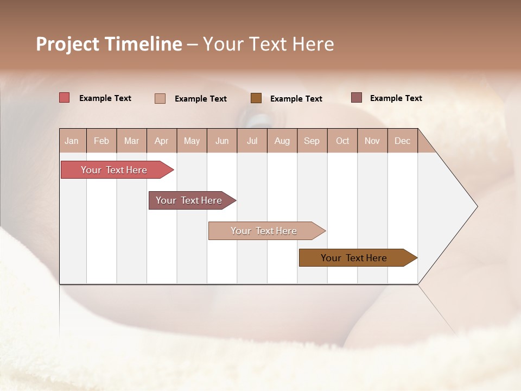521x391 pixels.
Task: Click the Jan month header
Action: (x=72, y=141)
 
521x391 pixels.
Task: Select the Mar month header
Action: (x=131, y=141)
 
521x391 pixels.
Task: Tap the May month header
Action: (x=192, y=141)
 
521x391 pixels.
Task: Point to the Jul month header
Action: (x=252, y=141)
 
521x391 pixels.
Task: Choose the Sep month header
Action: (x=312, y=141)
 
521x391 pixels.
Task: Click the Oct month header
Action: (x=342, y=141)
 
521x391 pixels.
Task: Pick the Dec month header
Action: (x=402, y=141)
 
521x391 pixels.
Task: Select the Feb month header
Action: (x=101, y=141)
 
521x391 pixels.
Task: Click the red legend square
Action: (x=64, y=98)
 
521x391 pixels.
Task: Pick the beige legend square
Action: (x=160, y=98)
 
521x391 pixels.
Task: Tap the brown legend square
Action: (x=256, y=98)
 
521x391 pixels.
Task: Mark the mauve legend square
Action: (x=356, y=98)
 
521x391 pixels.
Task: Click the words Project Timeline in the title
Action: (x=109, y=44)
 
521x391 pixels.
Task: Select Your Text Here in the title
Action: (x=268, y=44)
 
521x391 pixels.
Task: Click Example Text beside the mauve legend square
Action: (x=396, y=98)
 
